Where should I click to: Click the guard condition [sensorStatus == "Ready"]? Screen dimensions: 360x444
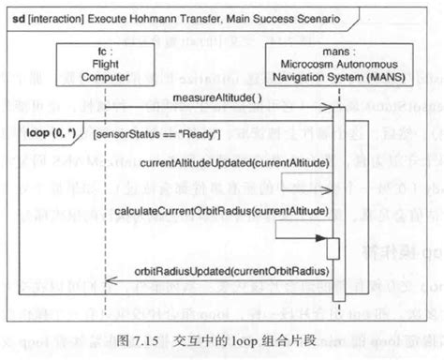pyautogui.click(x=156, y=134)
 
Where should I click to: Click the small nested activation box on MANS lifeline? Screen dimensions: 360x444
pyautogui.click(x=333, y=248)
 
